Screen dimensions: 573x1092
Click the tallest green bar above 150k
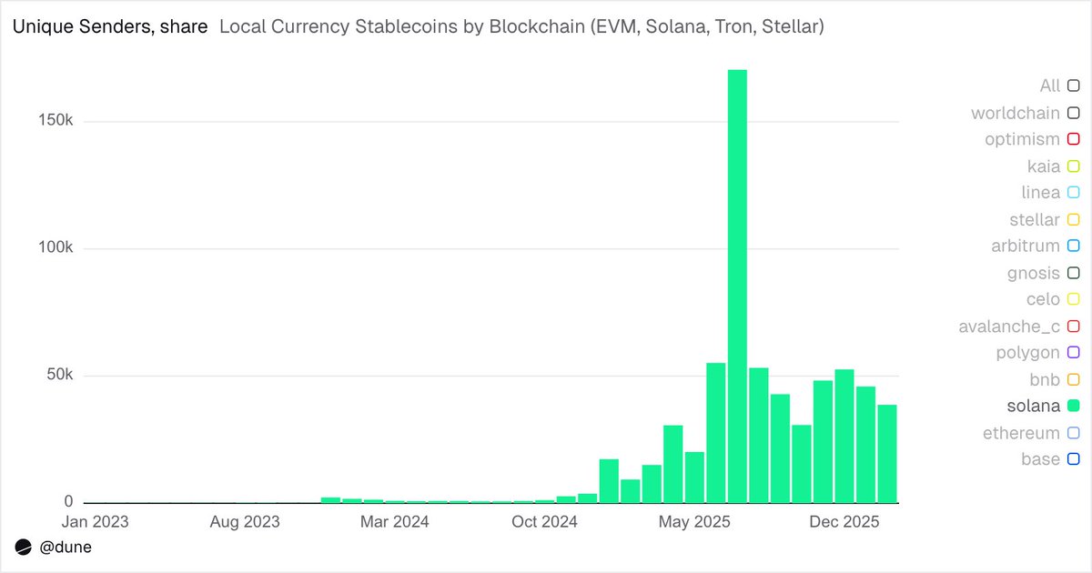point(737,282)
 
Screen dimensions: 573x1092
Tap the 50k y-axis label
point(59,376)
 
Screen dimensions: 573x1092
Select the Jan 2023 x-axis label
point(94,522)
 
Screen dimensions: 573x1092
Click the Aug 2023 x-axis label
point(244,522)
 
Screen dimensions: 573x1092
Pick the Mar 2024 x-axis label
point(394,522)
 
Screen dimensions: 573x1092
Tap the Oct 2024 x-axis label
point(545,522)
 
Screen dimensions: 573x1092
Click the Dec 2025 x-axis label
point(845,522)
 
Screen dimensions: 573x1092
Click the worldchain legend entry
point(1015,113)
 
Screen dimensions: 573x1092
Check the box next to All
point(1073,85)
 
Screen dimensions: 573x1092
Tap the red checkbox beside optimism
point(1073,139)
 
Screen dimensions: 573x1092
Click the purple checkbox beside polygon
point(1073,353)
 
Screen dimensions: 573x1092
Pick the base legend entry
point(1039,459)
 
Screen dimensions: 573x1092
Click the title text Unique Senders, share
point(109,27)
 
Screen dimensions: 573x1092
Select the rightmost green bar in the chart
point(887,455)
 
